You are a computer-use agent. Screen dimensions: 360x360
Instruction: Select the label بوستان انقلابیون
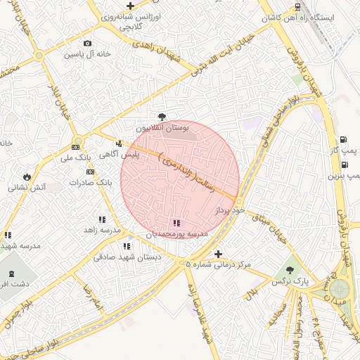[x=162, y=129]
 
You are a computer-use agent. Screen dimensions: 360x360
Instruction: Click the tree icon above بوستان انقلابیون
[x=162, y=117]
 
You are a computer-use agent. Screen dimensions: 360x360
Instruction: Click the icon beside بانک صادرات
[x=90, y=172]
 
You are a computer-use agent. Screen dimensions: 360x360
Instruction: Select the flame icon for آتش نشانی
[x=27, y=176]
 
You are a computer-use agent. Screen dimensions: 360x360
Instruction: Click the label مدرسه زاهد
[x=103, y=230]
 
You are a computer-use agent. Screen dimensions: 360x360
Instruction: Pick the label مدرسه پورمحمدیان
[x=176, y=233]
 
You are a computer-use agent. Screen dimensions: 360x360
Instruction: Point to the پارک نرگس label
[x=289, y=281]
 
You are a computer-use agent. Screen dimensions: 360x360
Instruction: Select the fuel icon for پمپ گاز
[x=343, y=139]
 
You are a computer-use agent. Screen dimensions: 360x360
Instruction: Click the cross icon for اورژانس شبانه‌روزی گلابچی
[x=129, y=6]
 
